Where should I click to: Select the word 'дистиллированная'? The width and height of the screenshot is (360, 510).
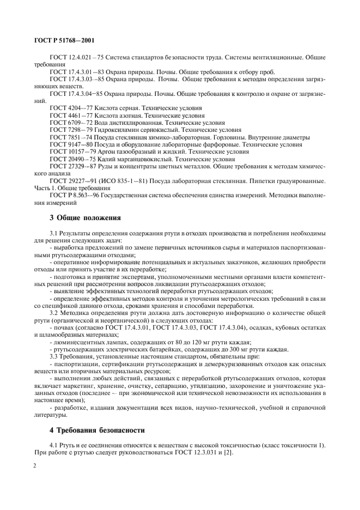[x=125, y=123]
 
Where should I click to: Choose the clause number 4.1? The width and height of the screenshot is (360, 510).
[x=54, y=446]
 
